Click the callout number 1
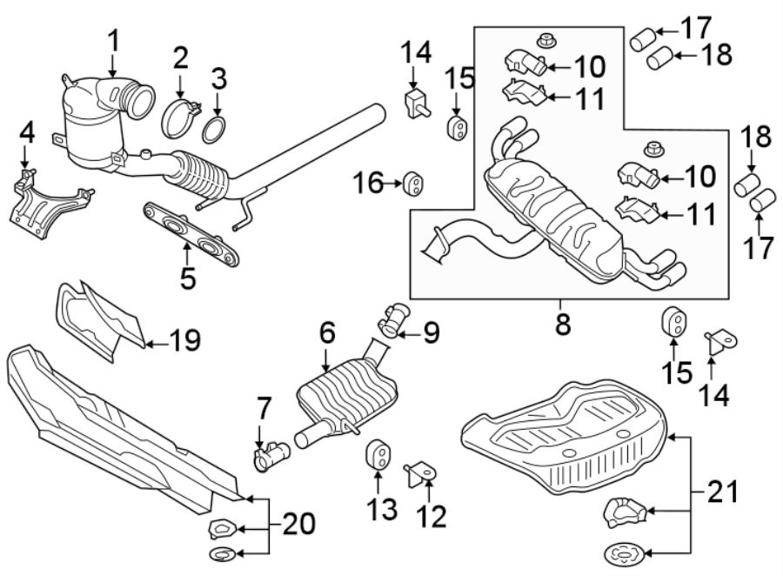[112, 40]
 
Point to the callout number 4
[27, 134]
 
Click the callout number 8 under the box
[563, 325]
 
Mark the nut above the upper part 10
[548, 38]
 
